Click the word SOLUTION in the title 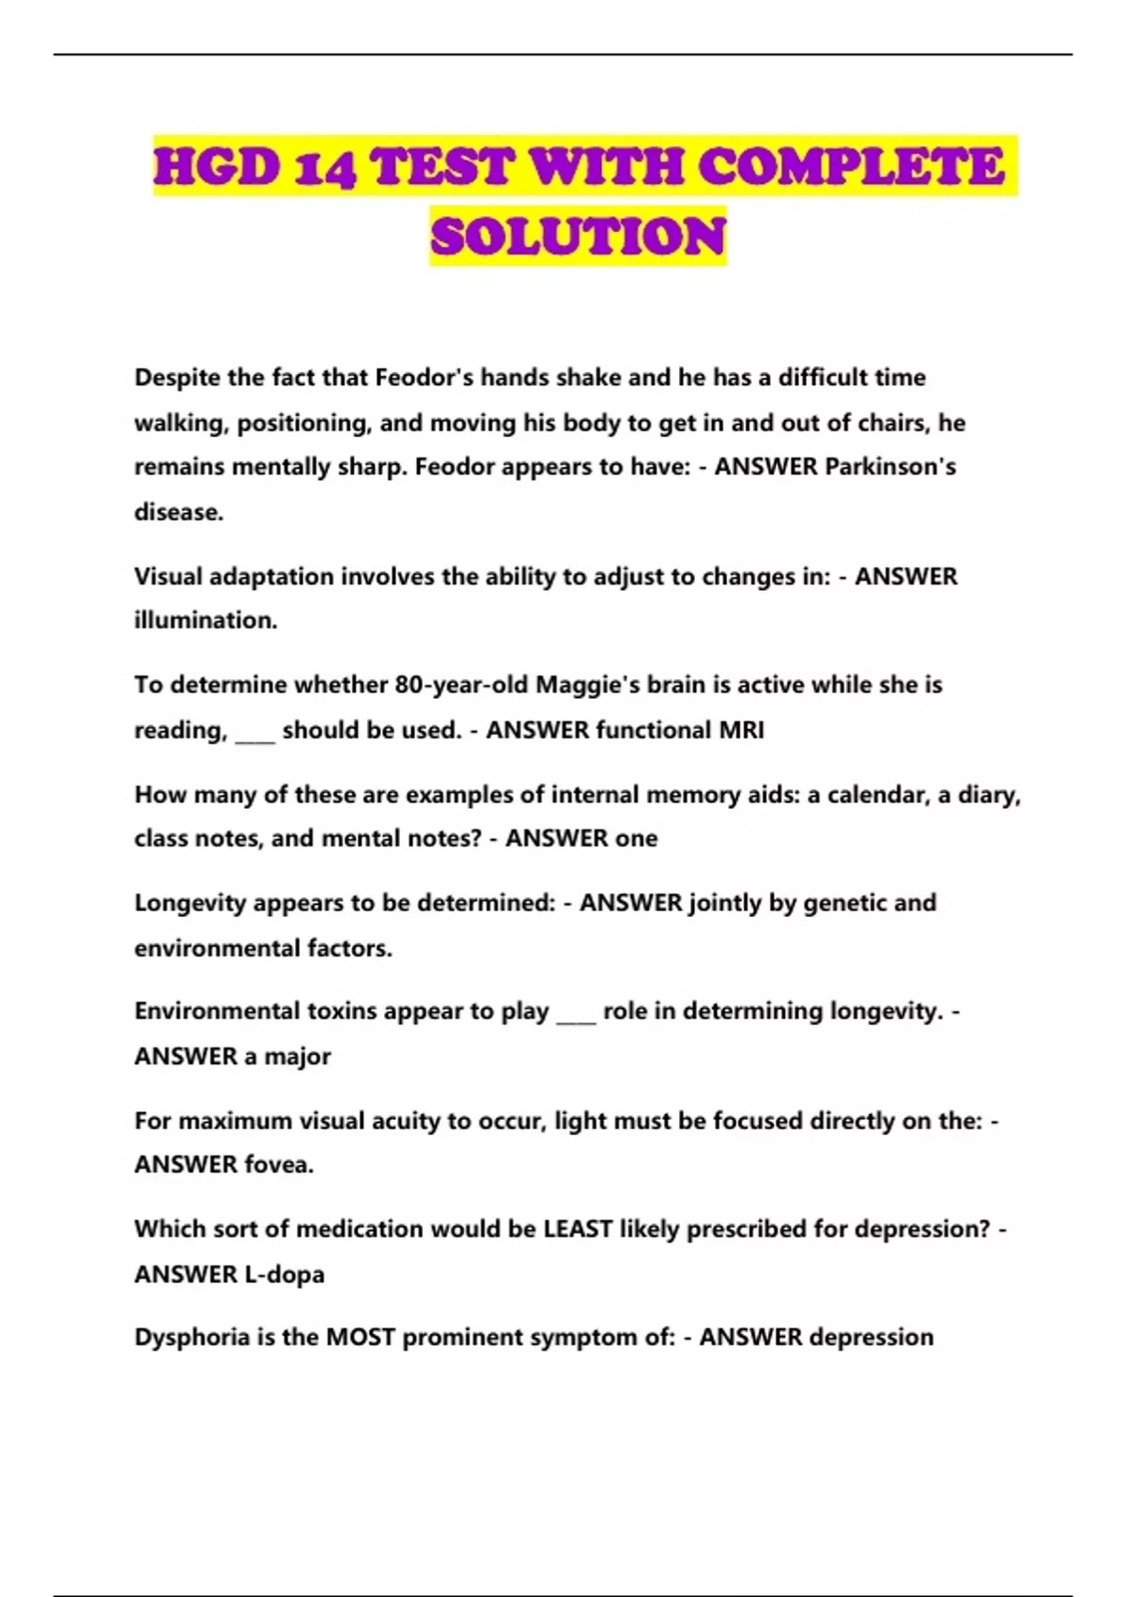578,236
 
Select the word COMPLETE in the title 852,167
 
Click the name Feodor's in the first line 425,378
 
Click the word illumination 206,620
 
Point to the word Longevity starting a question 191,903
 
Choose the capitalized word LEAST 578,1229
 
